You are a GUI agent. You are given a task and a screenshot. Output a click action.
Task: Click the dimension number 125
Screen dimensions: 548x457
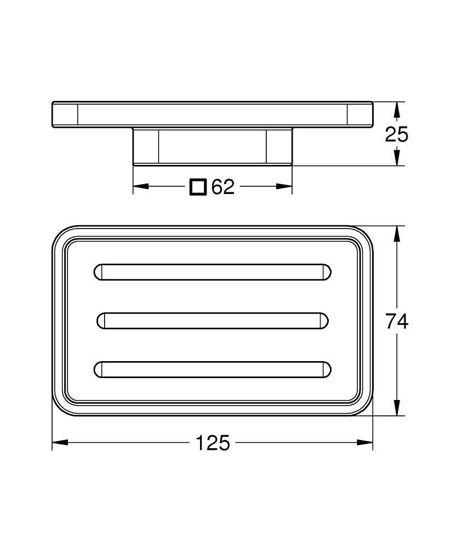click(x=213, y=443)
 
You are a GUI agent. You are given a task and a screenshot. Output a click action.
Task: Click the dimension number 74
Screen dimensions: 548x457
click(x=396, y=322)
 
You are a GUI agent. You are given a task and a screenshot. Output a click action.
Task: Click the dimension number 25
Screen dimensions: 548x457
click(x=396, y=134)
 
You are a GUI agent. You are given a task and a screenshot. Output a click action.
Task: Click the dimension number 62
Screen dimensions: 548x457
click(x=223, y=187)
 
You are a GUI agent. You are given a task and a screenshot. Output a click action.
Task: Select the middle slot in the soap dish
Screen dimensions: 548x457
click(x=213, y=321)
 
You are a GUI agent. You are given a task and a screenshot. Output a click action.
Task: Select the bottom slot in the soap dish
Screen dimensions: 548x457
click(x=213, y=370)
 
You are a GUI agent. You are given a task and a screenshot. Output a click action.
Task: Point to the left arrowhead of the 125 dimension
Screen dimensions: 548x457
click(x=60, y=443)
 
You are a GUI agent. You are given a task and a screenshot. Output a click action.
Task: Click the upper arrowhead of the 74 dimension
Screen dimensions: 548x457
click(x=396, y=233)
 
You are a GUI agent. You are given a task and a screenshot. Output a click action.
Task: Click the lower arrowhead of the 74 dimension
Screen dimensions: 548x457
click(x=396, y=408)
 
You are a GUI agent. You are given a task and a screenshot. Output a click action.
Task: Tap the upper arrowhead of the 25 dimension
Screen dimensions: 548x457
click(x=396, y=110)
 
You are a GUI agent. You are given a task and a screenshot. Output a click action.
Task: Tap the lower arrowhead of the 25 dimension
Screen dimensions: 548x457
click(x=396, y=158)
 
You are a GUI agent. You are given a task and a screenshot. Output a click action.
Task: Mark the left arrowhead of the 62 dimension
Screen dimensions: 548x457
click(x=141, y=186)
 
